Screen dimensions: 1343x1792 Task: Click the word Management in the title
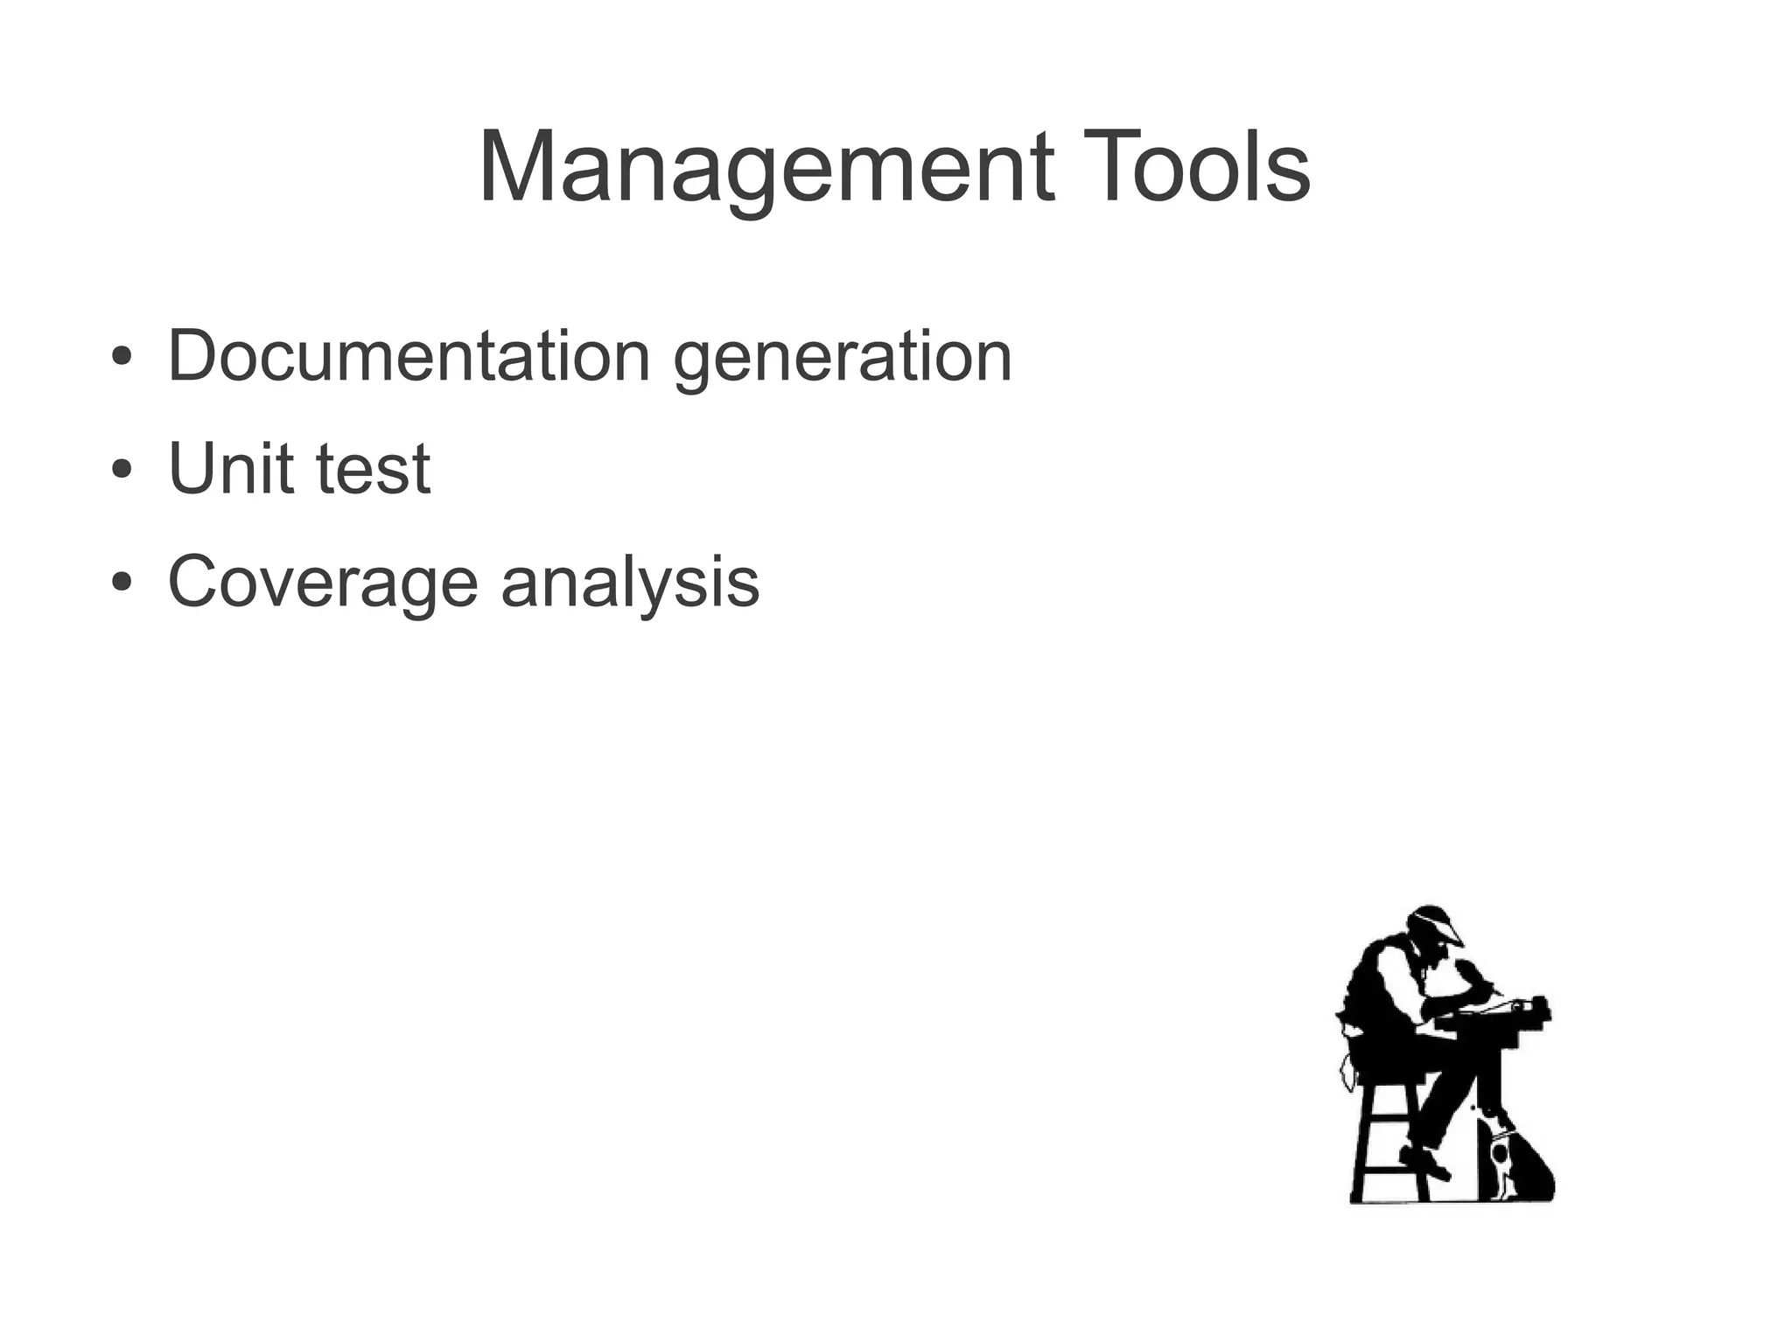click(766, 168)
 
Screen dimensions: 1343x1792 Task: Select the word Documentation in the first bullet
click(409, 356)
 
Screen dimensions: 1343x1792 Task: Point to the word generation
click(842, 358)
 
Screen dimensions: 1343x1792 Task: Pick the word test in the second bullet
click(373, 470)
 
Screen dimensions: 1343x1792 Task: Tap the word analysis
click(630, 583)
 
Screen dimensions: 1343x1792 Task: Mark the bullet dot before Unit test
click(122, 470)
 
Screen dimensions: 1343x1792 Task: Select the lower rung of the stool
click(1389, 1168)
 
